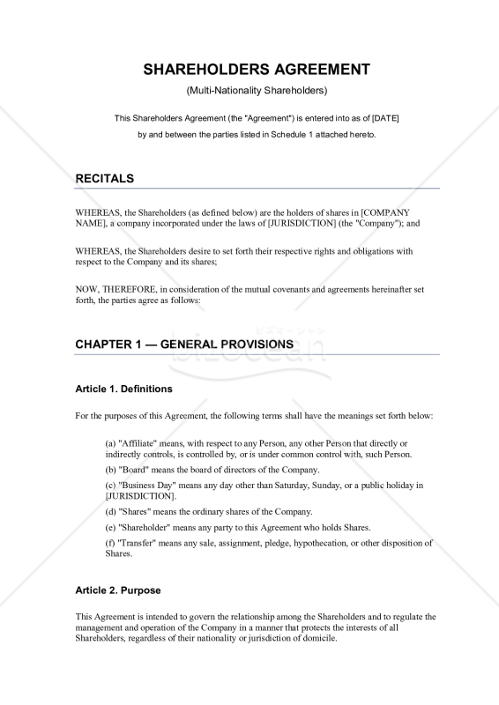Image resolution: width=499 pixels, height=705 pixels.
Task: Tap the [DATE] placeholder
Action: click(385, 118)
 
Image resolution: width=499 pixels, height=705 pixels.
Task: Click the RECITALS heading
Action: click(105, 178)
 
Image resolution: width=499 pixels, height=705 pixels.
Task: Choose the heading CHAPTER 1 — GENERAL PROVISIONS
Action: click(184, 344)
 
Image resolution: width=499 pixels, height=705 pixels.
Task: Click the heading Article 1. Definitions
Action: click(123, 389)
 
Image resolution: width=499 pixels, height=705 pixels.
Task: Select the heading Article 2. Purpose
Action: click(118, 590)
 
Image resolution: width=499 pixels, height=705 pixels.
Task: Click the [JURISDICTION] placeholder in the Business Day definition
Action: click(140, 496)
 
